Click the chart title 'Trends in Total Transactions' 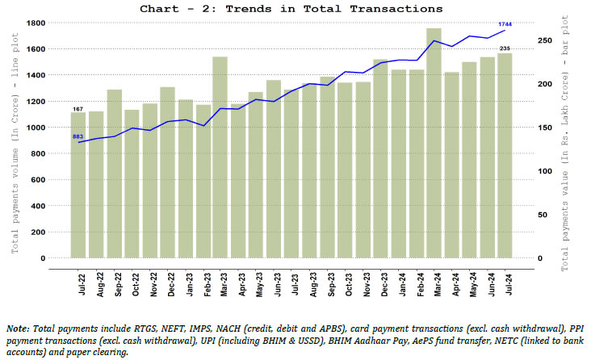[x=291, y=8]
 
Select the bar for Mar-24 [x=434, y=145]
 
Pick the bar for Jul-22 [x=78, y=186]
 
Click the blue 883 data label [x=78, y=136]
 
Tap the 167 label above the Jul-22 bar [x=78, y=108]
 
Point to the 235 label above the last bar [x=505, y=49]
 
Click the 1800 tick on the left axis [x=36, y=23]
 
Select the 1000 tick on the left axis [x=36, y=128]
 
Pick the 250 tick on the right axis [x=545, y=40]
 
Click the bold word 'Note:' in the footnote [x=17, y=330]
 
